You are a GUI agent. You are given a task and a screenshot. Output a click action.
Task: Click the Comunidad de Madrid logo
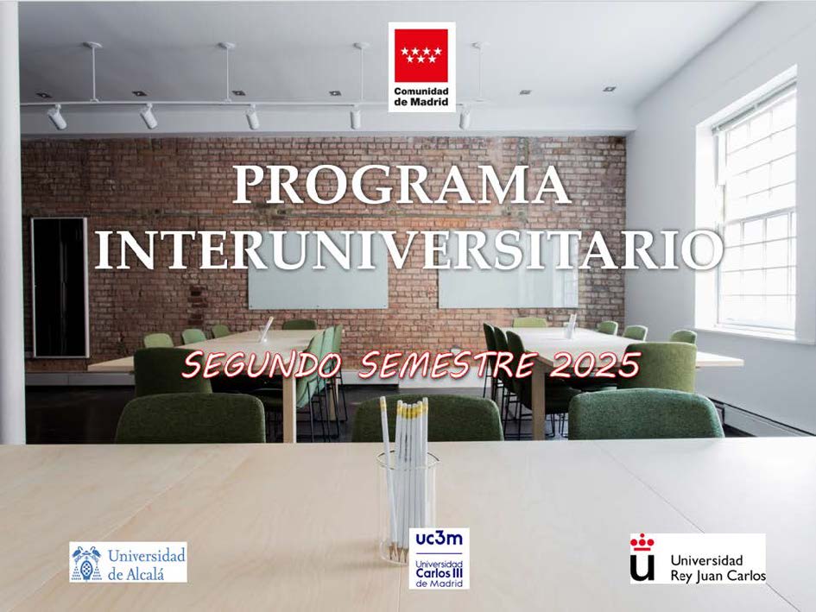421,66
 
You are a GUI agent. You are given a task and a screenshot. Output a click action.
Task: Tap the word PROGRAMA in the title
402,185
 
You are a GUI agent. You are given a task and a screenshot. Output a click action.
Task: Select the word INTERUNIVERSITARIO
409,249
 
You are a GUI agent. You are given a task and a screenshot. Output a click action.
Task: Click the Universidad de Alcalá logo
128,563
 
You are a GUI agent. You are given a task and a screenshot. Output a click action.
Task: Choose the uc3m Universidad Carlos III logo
439,558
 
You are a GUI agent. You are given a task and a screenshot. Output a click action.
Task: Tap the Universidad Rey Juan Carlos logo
698,558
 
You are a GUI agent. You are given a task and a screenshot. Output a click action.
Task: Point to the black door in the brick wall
60,287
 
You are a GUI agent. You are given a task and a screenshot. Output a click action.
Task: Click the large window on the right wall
755,208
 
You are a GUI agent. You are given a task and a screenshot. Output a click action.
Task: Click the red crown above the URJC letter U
642,543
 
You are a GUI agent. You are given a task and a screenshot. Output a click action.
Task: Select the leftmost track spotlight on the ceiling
56,117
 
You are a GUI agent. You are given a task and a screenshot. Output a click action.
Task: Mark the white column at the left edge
11,222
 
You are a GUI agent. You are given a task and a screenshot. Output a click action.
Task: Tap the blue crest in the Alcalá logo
86,563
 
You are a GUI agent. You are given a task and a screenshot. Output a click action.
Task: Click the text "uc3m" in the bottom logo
439,539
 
